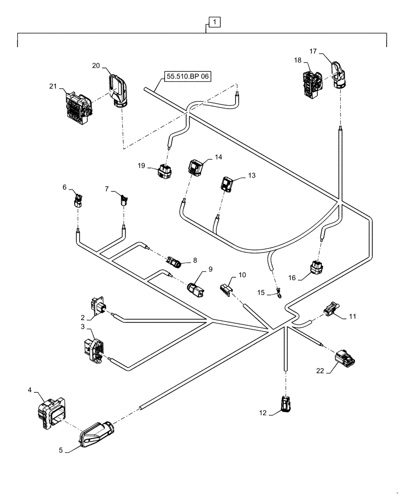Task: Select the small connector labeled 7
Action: pyautogui.click(x=124, y=201)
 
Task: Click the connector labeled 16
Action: pyautogui.click(x=316, y=268)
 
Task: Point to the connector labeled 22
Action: pyautogui.click(x=344, y=358)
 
